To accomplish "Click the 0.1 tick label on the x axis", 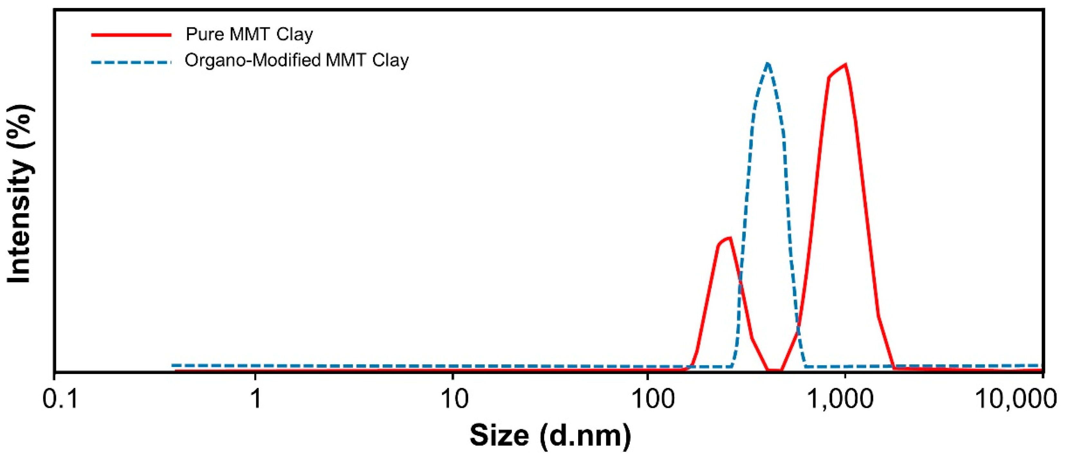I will tap(60, 399).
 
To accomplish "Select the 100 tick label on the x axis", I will tap(647, 399).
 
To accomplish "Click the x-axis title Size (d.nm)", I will tap(550, 436).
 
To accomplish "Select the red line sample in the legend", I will tap(131, 35).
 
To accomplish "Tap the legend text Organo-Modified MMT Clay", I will tap(296, 61).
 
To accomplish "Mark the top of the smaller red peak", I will tap(730, 238).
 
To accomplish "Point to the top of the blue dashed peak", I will tap(768, 63).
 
